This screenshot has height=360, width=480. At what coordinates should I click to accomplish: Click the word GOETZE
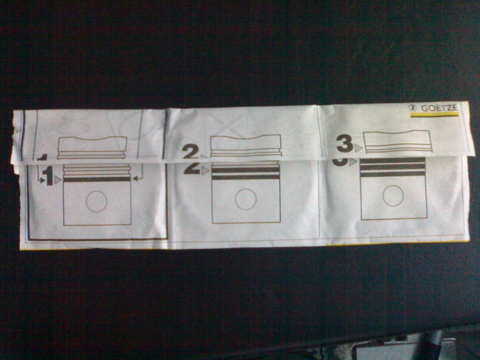[x=440, y=108]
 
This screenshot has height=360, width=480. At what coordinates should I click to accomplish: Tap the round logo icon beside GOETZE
[x=414, y=108]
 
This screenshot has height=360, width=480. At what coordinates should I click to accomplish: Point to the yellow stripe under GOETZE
[x=434, y=115]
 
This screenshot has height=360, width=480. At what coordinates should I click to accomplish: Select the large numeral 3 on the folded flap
[x=345, y=144]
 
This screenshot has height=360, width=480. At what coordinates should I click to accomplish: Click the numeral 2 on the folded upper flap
[x=191, y=151]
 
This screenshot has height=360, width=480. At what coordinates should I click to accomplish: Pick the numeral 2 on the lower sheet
[x=192, y=168]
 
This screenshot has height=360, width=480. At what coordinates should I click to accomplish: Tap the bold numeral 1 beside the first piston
[x=48, y=176]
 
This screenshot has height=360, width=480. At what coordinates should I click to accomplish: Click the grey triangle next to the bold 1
[x=58, y=180]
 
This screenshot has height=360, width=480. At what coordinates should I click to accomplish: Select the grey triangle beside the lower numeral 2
[x=205, y=171]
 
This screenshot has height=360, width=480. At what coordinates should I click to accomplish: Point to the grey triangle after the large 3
[x=359, y=148]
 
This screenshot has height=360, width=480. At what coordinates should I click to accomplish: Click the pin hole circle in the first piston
[x=97, y=202]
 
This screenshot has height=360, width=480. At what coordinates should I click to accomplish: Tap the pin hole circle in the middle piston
[x=245, y=199]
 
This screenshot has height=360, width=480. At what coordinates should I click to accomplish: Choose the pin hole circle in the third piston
[x=393, y=196]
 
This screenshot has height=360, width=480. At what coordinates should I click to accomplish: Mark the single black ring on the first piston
[x=97, y=179]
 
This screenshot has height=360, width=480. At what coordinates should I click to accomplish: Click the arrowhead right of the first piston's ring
[x=135, y=179]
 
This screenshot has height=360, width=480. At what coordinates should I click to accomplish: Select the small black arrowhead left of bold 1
[x=43, y=181]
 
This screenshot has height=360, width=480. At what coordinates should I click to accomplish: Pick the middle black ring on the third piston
[x=393, y=167]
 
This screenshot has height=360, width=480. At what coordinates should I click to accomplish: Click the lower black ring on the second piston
[x=245, y=177]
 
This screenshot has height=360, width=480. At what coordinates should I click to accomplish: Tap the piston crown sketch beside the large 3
[x=398, y=141]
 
